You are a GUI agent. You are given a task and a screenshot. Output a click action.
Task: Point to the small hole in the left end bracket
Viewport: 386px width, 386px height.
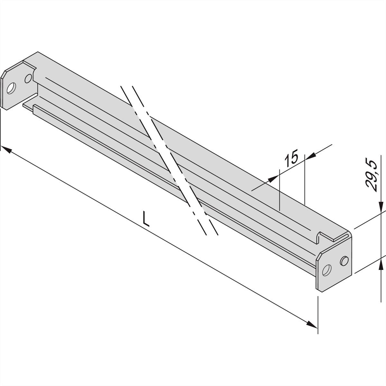pos(28,78)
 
